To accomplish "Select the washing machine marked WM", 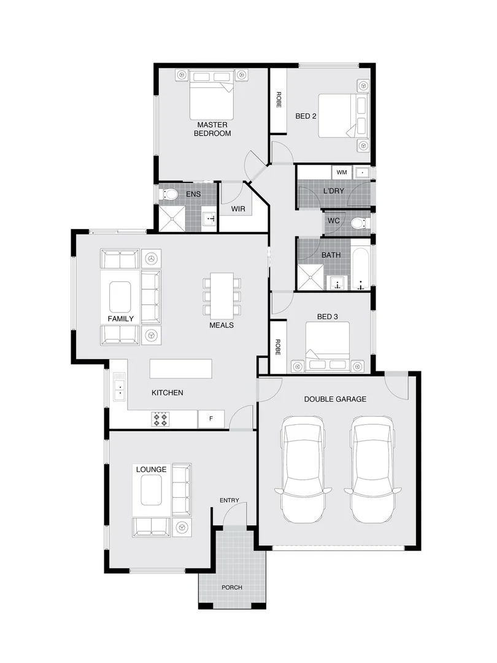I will pyautogui.click(x=342, y=173).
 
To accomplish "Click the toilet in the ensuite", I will pyautogui.click(x=169, y=195).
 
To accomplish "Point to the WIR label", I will pyautogui.click(x=238, y=209).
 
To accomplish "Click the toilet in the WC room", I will pyautogui.click(x=356, y=222).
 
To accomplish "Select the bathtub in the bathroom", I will pyautogui.click(x=361, y=268).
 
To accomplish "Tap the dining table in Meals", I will pyautogui.click(x=222, y=294).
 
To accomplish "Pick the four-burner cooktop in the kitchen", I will pyautogui.click(x=161, y=419).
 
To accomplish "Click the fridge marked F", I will pyautogui.click(x=211, y=419).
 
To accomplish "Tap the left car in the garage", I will pyautogui.click(x=303, y=470).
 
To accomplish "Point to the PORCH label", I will pyautogui.click(x=232, y=587).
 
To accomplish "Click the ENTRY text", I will pyautogui.click(x=229, y=500).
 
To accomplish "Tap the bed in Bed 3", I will pyautogui.click(x=328, y=347).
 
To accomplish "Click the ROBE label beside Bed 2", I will pyautogui.click(x=278, y=100).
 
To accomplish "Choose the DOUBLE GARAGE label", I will pyautogui.click(x=335, y=399).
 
